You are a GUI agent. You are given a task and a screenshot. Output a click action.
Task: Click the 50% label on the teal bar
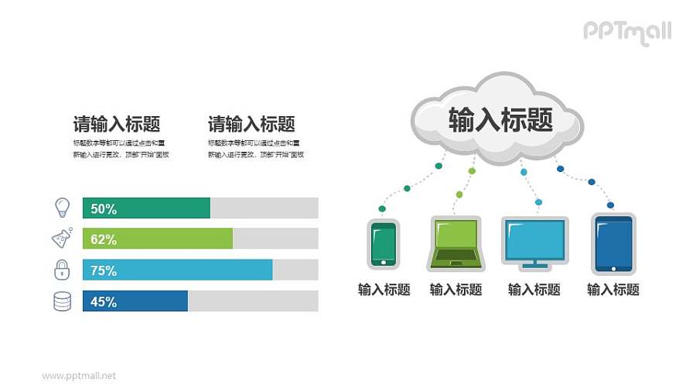pyautogui.click(x=104, y=208)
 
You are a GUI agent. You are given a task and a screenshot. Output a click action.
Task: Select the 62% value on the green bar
pyautogui.click(x=104, y=239)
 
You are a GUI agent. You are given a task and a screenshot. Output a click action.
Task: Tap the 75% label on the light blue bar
pyautogui.click(x=104, y=270)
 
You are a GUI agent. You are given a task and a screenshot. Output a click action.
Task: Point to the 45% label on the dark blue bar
pyautogui.click(x=104, y=301)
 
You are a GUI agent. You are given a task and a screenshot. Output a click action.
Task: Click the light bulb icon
pyautogui.click(x=62, y=207)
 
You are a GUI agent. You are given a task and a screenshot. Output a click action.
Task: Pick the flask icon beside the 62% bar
pyautogui.click(x=62, y=238)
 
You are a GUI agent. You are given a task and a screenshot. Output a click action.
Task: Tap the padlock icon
pyautogui.click(x=62, y=270)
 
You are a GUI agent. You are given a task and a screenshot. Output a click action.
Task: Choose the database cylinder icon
pyautogui.click(x=62, y=301)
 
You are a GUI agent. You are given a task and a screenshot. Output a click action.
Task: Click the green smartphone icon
pyautogui.click(x=383, y=243)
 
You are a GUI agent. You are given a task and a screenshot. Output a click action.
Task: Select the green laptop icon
pyautogui.click(x=455, y=243)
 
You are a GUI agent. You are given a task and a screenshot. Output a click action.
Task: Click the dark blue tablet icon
pyautogui.click(x=613, y=242)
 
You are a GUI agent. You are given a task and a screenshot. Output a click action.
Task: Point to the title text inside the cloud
pyautogui.click(x=500, y=120)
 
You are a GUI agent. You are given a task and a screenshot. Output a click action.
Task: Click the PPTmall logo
pyautogui.click(x=626, y=32)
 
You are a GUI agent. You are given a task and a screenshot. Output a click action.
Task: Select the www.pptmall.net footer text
pyautogui.click(x=79, y=376)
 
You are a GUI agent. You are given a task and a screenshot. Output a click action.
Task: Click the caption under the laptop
pyautogui.click(x=455, y=290)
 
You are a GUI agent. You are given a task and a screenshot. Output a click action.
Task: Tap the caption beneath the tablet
pyautogui.click(x=613, y=290)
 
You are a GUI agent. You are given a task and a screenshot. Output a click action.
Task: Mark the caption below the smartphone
pyautogui.click(x=384, y=290)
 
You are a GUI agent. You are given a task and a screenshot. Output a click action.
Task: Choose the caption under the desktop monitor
pyautogui.click(x=534, y=290)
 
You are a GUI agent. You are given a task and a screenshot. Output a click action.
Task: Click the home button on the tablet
pyautogui.click(x=613, y=269)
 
